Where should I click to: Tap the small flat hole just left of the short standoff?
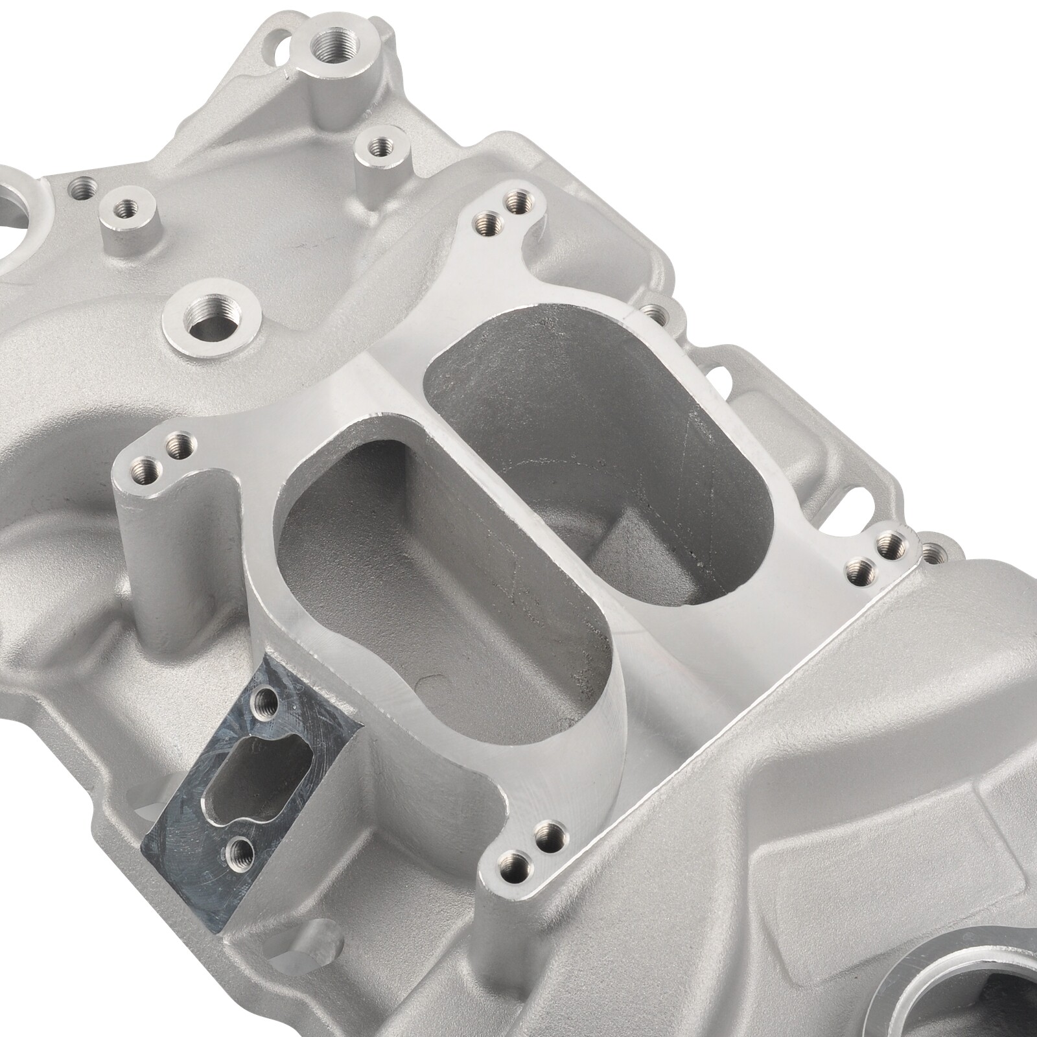click(83, 189)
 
